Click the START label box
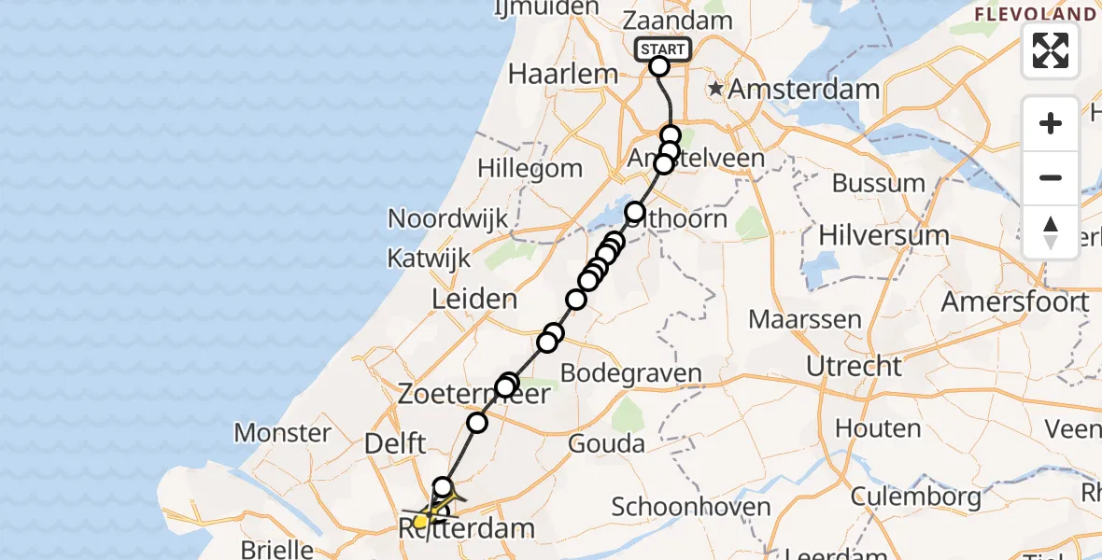[x=663, y=49]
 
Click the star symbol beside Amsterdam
[x=715, y=90]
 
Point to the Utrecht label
[x=854, y=365]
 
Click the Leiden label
[x=474, y=300]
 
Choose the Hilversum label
[x=883, y=236]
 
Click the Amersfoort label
[x=1014, y=301]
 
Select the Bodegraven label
[x=631, y=373]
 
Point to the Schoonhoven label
[x=691, y=508]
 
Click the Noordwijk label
[x=448, y=218]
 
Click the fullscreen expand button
[x=1051, y=50]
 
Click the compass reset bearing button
[x=1051, y=232]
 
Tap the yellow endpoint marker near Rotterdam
[x=421, y=521]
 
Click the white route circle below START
[x=659, y=65]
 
